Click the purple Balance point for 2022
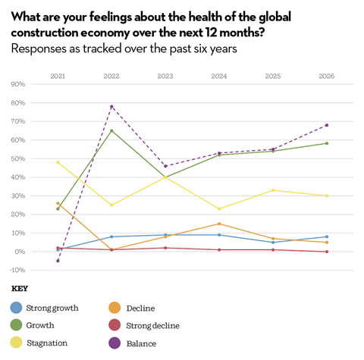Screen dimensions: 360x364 tap(112, 106)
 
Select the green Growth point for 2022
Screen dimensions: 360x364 tap(112, 130)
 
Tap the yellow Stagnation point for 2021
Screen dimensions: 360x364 tap(58, 162)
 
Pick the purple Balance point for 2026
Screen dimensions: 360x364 tap(327, 125)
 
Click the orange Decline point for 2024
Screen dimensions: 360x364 tap(220, 224)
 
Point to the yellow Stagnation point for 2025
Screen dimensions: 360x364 tap(273, 190)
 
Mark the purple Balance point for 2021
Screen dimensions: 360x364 tap(58, 261)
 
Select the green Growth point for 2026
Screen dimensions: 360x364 tap(327, 143)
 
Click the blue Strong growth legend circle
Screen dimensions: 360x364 tap(16, 308)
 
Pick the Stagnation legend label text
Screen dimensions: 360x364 tap(47, 343)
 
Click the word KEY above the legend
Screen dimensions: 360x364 tap(20, 289)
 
